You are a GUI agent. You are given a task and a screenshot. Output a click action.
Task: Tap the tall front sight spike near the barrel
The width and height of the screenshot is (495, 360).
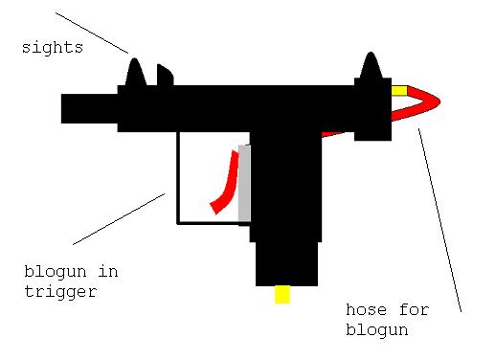pos(135,74)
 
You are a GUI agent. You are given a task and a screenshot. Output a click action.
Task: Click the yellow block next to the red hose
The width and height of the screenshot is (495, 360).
pos(399,91)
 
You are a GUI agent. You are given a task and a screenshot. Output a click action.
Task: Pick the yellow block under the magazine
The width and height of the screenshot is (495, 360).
pos(281,294)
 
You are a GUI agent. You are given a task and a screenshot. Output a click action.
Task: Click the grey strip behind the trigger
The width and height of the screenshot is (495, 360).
pos(244,182)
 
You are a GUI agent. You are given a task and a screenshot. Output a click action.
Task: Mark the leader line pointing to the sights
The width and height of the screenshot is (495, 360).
pos(91,33)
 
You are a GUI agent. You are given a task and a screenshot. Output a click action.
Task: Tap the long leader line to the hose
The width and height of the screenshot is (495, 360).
pos(439,220)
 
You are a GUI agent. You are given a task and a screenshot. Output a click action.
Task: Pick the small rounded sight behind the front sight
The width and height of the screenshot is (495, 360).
pos(164,75)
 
